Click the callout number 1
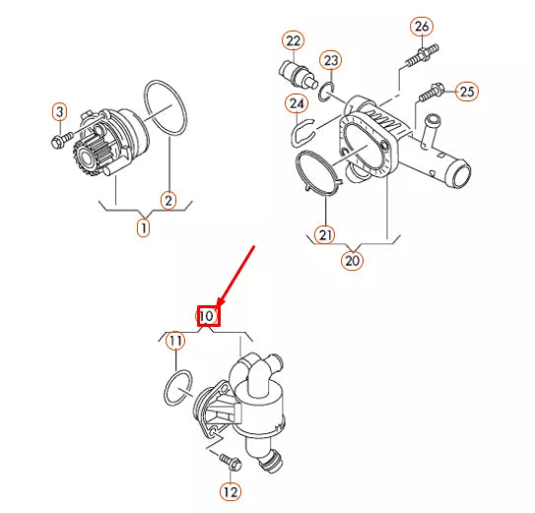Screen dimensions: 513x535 (144, 227)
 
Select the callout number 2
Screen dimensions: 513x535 (168, 200)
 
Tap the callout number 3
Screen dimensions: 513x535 (59, 112)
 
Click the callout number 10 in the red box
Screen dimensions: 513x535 (208, 315)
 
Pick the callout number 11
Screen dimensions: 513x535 (174, 342)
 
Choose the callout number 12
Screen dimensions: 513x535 (229, 490)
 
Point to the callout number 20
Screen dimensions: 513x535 (353, 260)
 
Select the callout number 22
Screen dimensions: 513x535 (293, 40)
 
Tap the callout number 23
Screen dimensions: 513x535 (332, 61)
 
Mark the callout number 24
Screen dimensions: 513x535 (297, 102)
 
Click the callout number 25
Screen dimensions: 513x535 (466, 92)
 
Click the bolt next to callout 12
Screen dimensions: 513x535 (226, 461)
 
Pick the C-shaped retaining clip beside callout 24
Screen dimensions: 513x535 (306, 125)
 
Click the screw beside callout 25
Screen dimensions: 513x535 (431, 95)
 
